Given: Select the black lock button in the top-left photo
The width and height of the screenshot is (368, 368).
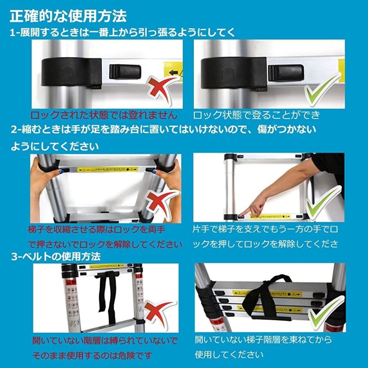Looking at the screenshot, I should [125, 72].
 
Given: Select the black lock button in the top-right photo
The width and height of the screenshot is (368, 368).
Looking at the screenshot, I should [285, 73].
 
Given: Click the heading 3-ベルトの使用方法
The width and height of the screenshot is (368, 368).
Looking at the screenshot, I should [56, 256].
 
